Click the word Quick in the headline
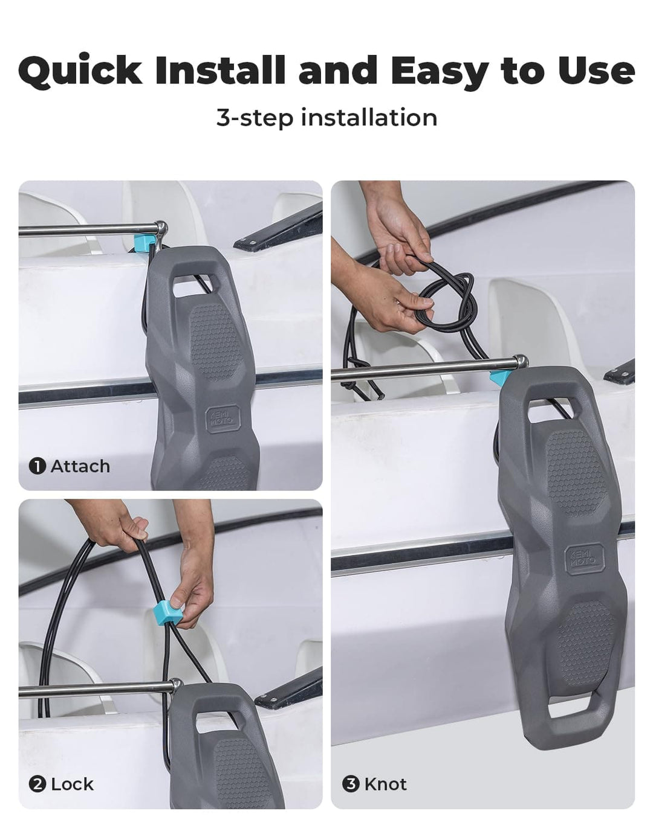click(80, 71)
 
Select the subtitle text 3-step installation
click(326, 118)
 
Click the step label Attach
click(80, 466)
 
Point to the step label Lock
click(72, 784)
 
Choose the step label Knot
click(386, 784)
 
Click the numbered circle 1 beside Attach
click(37, 466)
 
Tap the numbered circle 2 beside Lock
click(37, 784)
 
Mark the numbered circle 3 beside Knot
click(351, 784)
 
